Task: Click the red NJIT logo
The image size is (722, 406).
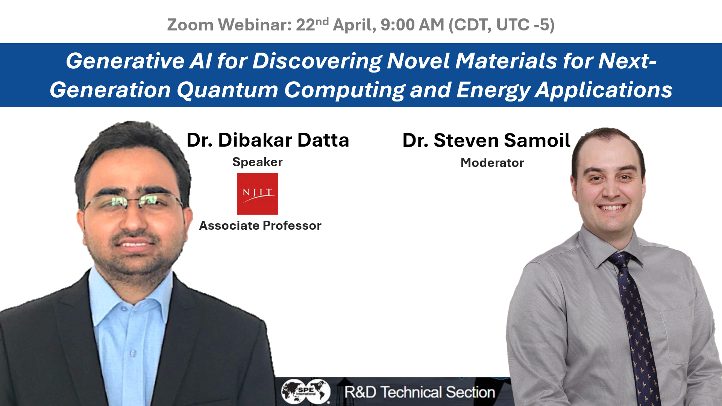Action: [x=257, y=194]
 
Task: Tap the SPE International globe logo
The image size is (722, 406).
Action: [x=305, y=391]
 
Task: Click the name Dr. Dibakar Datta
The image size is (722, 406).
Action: [x=268, y=140]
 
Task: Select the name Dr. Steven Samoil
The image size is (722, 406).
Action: [x=486, y=141]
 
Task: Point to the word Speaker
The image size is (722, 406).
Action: [x=257, y=162]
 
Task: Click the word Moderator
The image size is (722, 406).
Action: [x=492, y=163]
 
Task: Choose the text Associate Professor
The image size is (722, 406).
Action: [x=260, y=226]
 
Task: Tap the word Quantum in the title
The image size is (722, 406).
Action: [x=228, y=90]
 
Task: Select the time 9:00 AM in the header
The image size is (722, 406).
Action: [x=412, y=25]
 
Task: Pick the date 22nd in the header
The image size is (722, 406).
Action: [x=312, y=24]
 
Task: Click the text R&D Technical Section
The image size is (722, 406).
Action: [x=420, y=392]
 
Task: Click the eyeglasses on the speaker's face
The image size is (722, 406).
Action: [x=133, y=203]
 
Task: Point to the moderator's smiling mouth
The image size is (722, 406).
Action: [x=612, y=207]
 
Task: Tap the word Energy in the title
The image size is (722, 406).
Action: [x=493, y=90]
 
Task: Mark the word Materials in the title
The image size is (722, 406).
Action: [x=506, y=61]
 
